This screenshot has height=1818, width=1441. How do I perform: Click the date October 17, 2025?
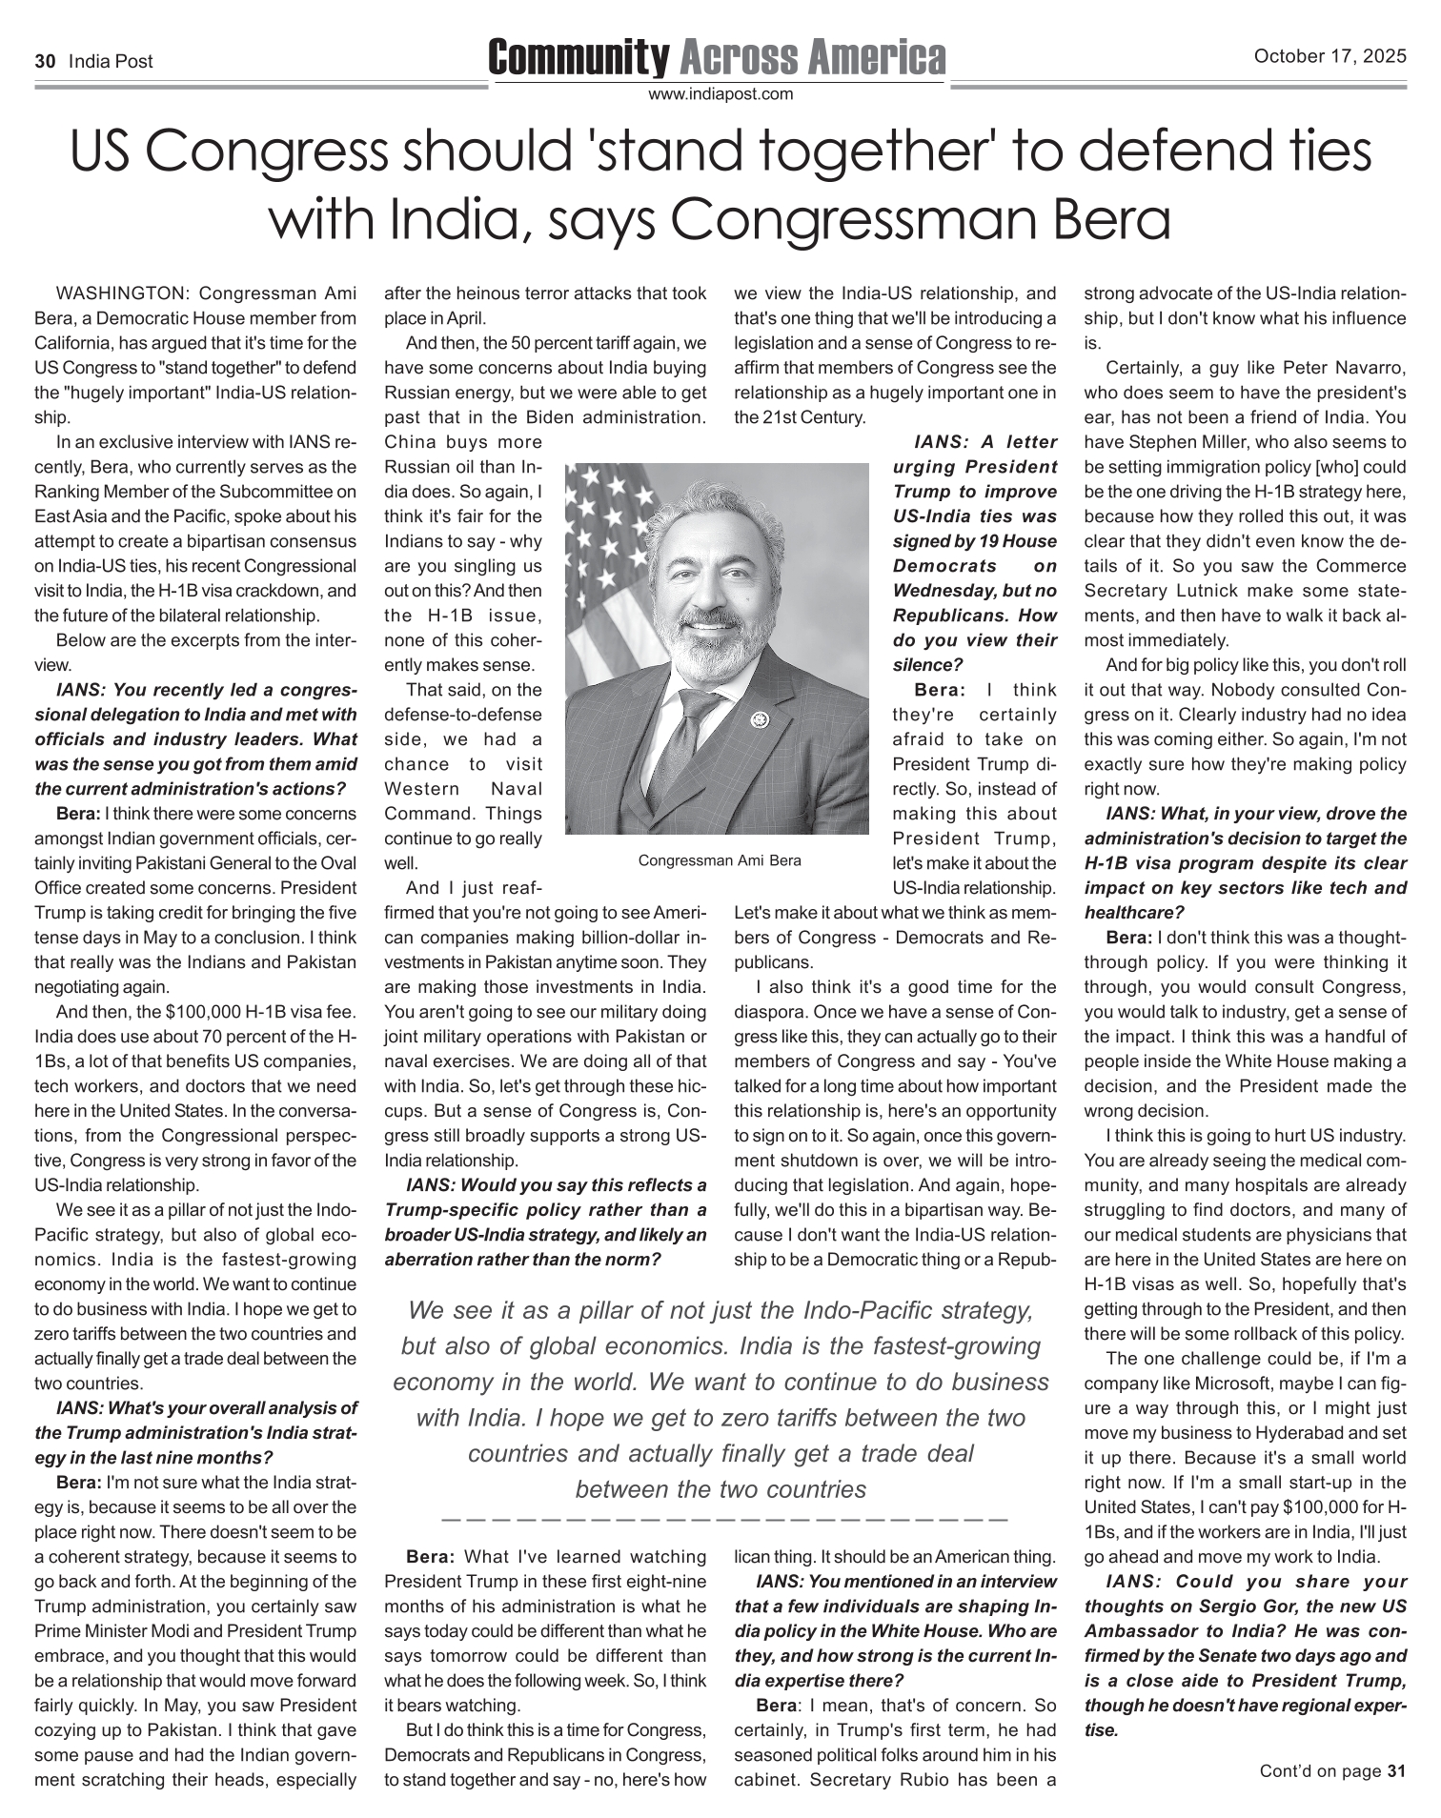coord(1329,56)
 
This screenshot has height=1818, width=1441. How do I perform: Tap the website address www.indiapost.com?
coord(720,94)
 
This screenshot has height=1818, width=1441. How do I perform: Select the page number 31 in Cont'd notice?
coord(1396,1771)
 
